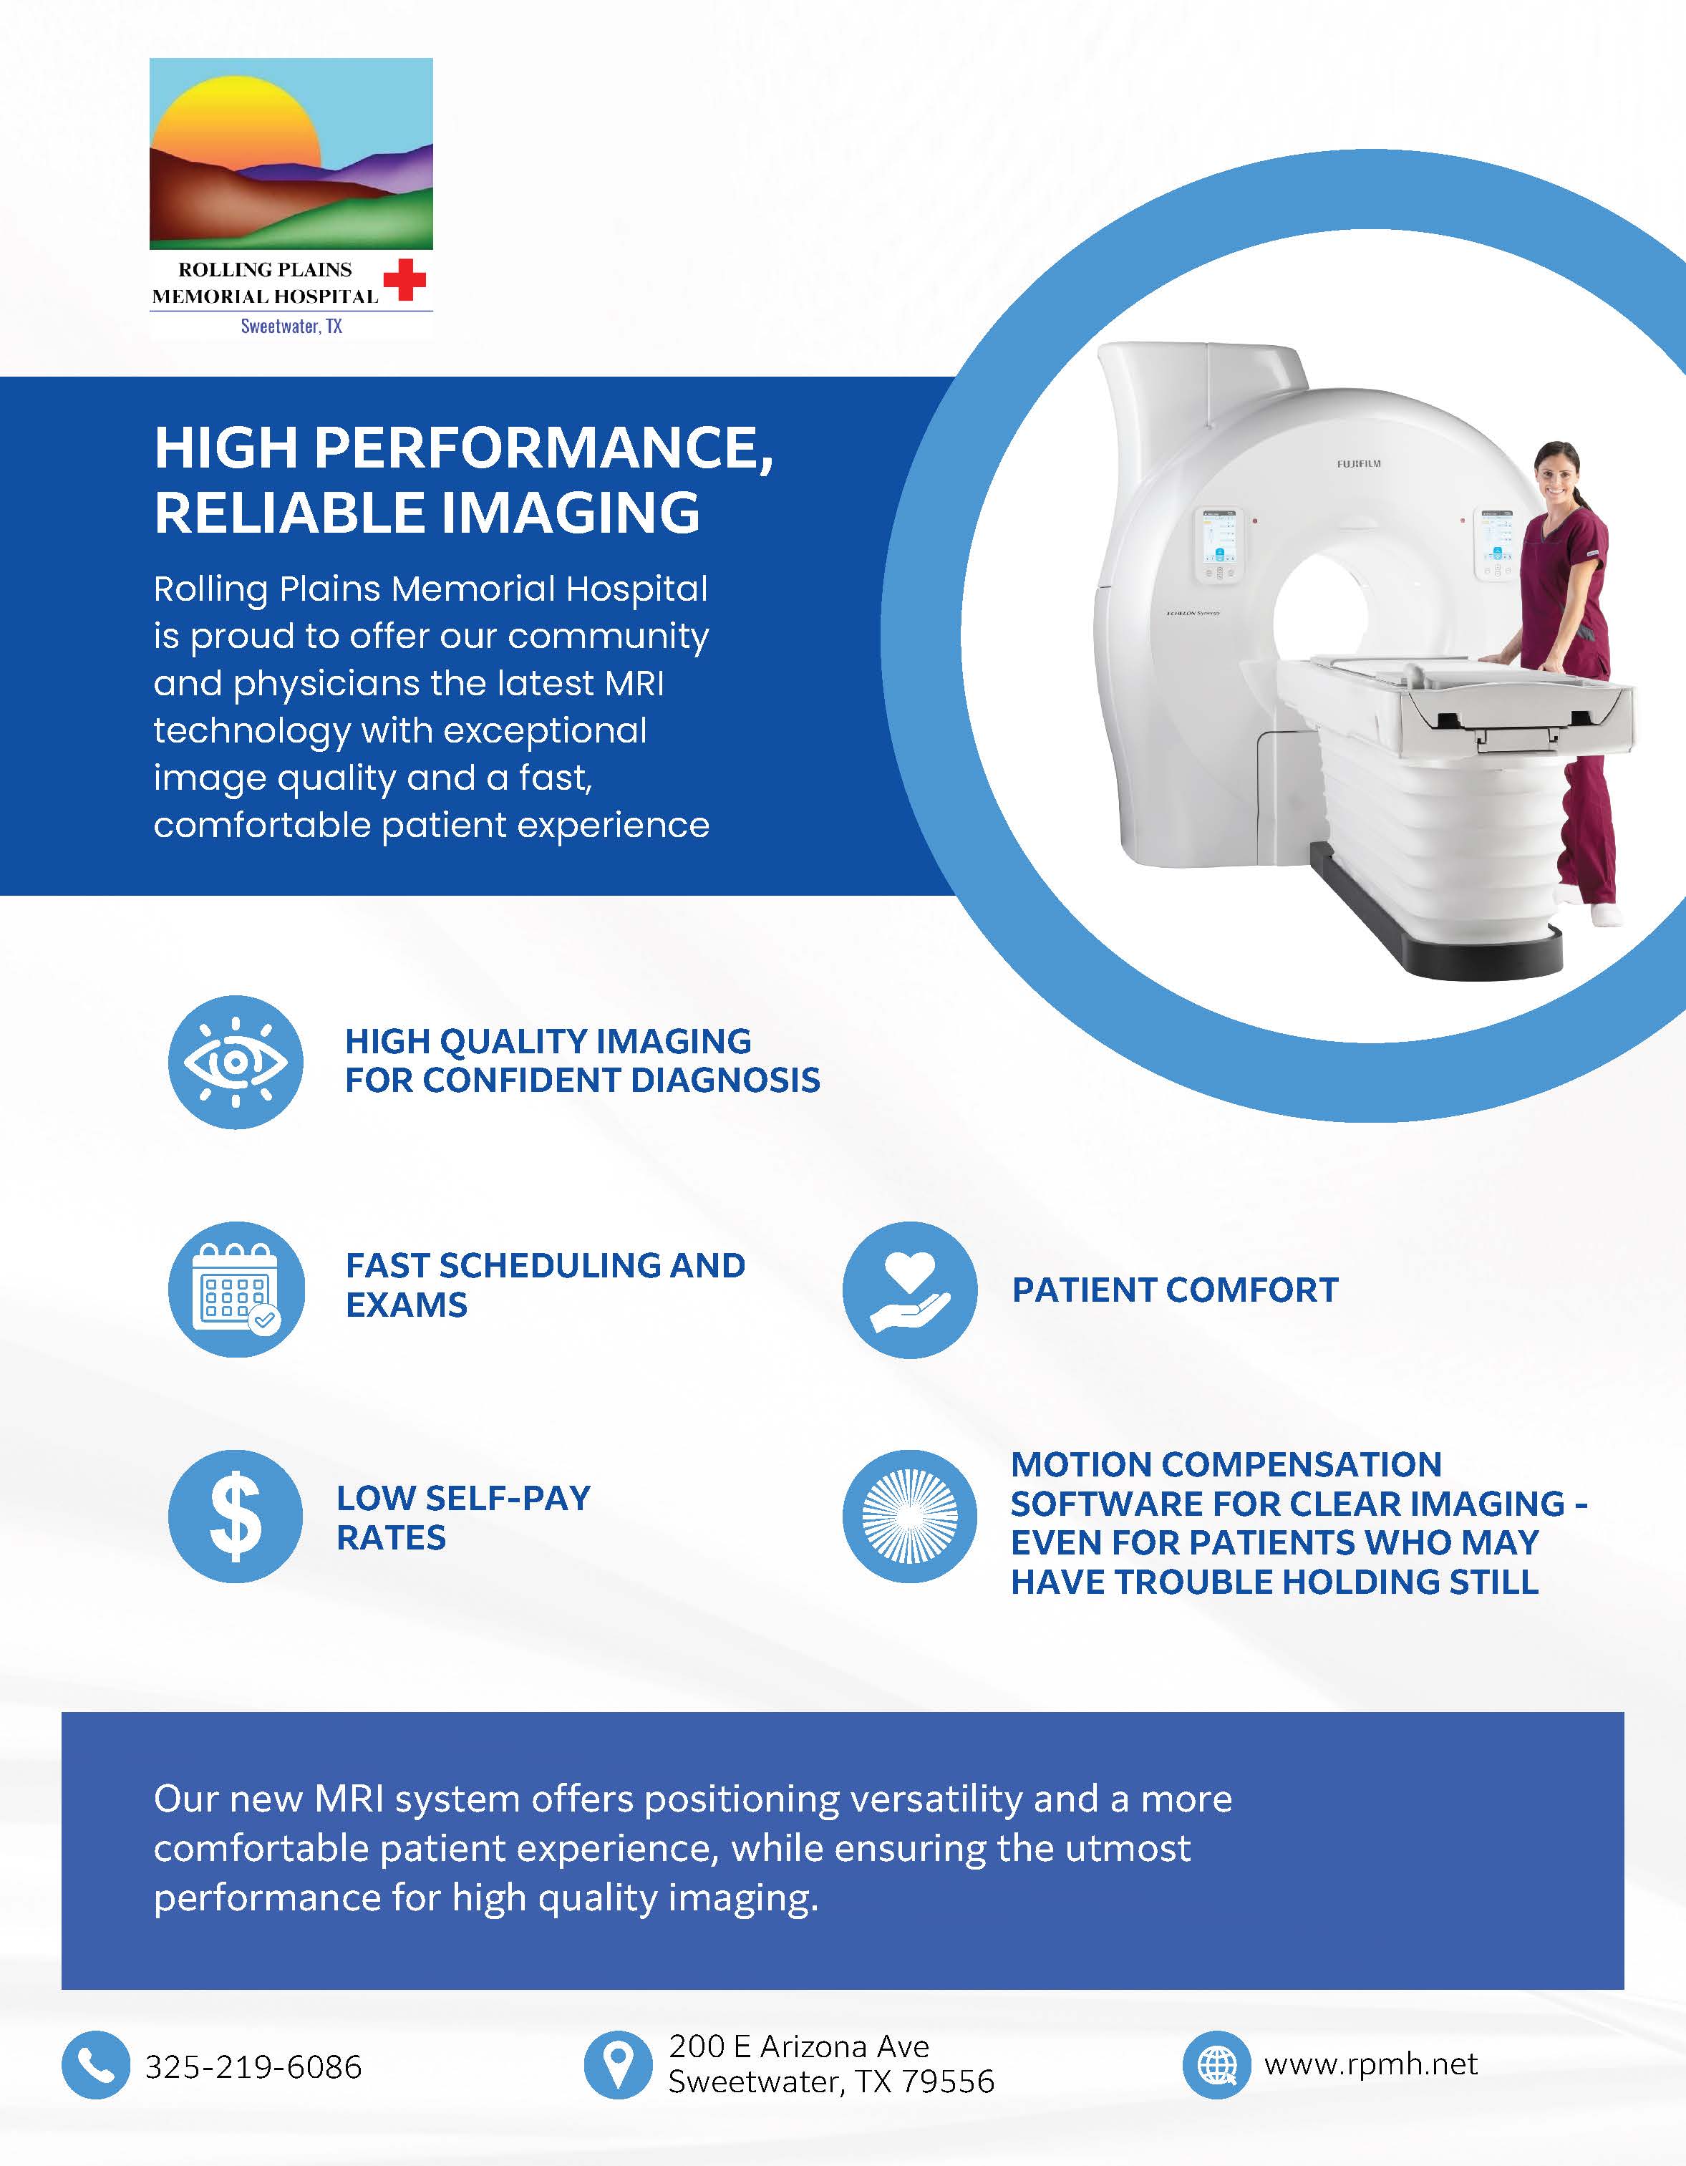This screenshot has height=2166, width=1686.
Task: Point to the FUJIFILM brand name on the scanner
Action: click(1357, 463)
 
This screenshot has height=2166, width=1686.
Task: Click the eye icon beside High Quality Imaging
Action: click(235, 1062)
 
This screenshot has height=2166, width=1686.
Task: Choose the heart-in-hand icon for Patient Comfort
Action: click(909, 1290)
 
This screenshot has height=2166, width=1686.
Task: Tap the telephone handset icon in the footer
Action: click(95, 2065)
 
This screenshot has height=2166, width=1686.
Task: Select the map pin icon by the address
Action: click(618, 2065)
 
